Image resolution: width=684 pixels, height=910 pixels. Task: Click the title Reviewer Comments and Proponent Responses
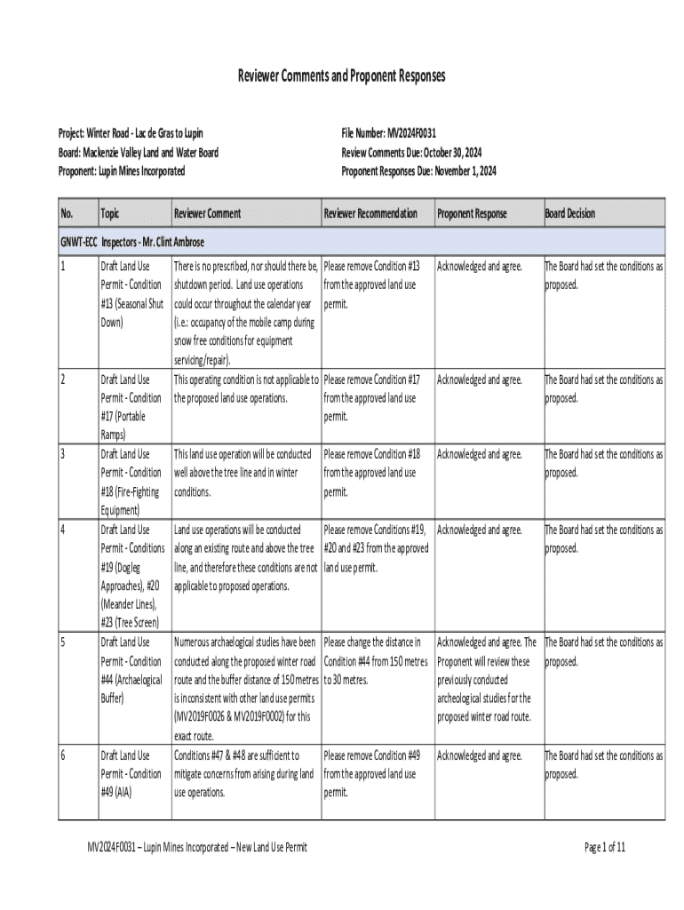(341, 77)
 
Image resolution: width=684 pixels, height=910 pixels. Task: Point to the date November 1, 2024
(464, 171)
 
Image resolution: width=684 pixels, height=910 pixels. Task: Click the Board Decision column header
(569, 213)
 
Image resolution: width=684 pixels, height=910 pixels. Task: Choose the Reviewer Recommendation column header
(370, 213)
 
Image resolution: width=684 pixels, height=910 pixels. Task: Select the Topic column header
(110, 213)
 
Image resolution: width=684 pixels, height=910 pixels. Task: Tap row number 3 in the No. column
(63, 455)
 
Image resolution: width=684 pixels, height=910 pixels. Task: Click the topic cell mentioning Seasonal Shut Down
(131, 294)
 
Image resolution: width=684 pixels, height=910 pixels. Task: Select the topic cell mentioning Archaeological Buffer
(131, 670)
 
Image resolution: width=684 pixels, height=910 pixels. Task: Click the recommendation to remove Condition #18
(372, 473)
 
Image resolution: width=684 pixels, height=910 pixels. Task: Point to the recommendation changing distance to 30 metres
(376, 660)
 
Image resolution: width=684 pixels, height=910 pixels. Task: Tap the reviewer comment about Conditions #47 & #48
(244, 773)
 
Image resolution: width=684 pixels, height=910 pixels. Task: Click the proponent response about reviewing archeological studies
(486, 679)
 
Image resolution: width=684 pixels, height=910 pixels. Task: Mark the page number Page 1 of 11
(605, 847)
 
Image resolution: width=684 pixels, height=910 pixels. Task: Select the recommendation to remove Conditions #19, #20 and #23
(376, 547)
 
